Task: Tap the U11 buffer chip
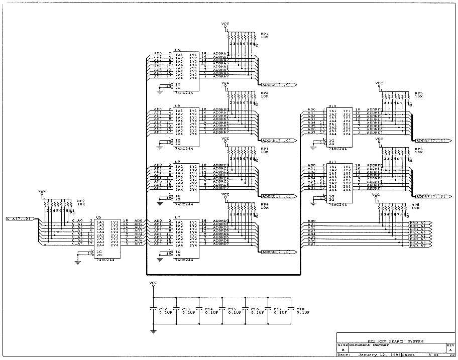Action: click(339, 183)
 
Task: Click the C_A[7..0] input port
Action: click(21, 219)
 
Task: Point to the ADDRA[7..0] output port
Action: click(277, 84)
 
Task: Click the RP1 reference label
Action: click(264, 34)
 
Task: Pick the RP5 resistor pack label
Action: click(418, 93)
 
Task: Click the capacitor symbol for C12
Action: click(153, 309)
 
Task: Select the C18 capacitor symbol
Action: click(291, 309)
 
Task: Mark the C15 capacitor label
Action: click(232, 309)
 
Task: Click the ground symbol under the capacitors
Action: click(153, 331)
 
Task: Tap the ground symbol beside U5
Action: click(78, 261)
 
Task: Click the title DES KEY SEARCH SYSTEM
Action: click(396, 341)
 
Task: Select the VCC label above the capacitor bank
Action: click(153, 283)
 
